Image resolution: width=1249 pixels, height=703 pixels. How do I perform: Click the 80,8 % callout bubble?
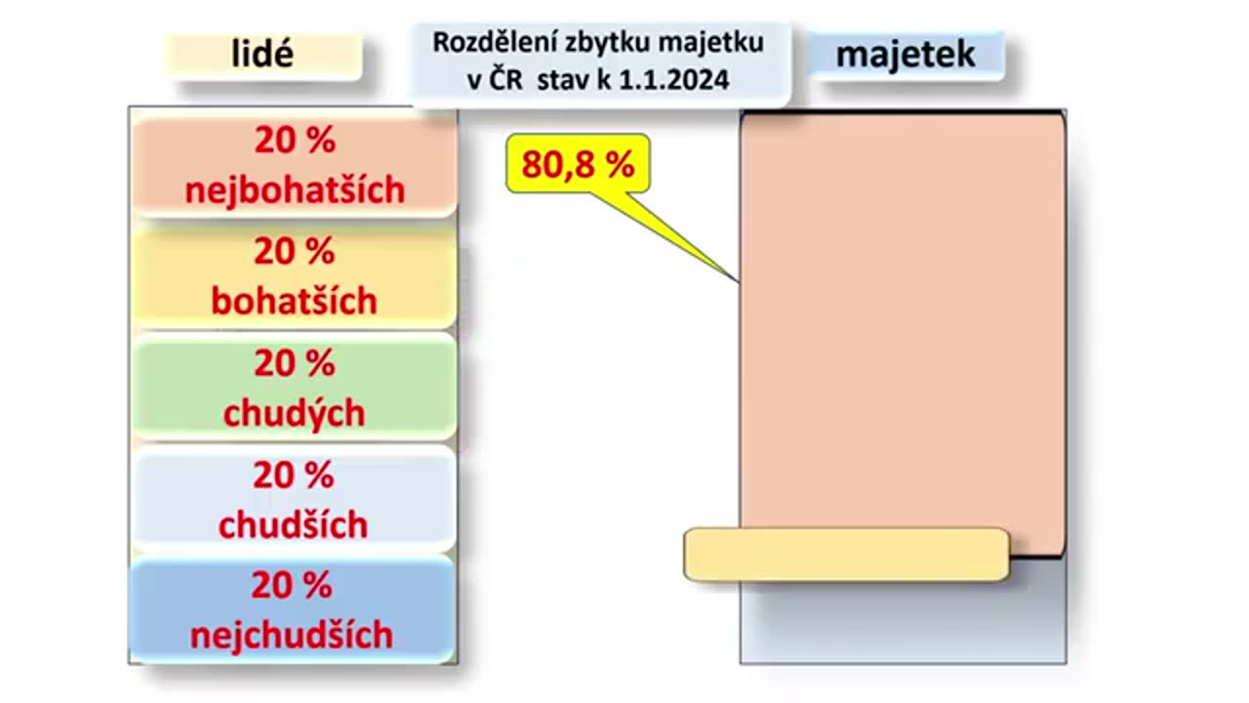578,164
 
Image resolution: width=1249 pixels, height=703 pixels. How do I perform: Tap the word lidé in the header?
262,54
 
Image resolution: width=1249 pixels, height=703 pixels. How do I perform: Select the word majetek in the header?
906,55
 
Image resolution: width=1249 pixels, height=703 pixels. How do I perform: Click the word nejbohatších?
295,189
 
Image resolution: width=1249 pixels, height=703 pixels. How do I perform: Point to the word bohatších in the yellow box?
294,301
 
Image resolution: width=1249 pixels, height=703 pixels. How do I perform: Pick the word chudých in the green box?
294,413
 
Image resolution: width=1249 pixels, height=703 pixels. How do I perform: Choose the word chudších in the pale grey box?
293,525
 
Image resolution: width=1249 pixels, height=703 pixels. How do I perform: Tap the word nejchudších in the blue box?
292,636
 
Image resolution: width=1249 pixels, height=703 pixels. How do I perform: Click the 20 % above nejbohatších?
295,141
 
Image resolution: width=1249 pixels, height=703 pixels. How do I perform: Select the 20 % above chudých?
295,363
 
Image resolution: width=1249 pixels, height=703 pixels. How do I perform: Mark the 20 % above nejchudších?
292,586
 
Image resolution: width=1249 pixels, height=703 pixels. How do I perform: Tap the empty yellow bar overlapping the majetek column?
846,555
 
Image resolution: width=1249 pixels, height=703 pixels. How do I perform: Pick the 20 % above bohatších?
295,252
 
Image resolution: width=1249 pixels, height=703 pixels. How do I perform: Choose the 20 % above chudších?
294,476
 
